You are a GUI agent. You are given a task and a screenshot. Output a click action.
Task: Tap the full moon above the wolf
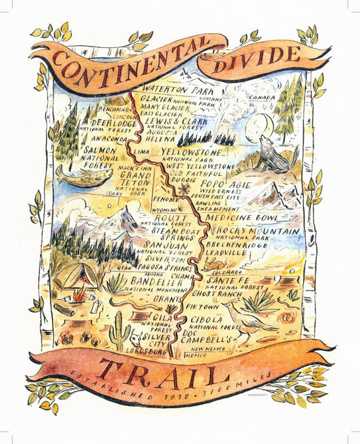(x=263, y=124)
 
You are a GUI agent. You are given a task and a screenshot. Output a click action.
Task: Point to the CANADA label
(x=263, y=97)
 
